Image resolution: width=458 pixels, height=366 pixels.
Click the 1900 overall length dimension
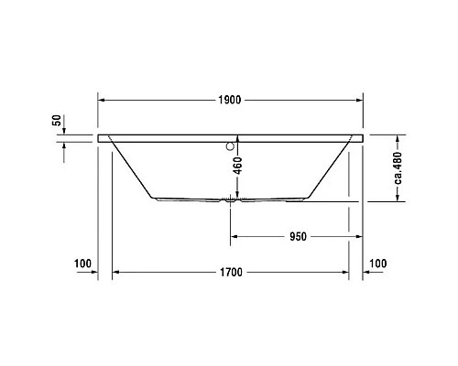[229, 101]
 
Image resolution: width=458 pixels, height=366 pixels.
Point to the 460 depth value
[238, 167]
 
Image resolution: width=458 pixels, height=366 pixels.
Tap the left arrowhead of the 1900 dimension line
[103, 100]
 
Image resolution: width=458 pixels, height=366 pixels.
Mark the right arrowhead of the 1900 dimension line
[359, 100]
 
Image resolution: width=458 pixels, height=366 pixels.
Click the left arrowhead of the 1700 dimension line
[115, 272]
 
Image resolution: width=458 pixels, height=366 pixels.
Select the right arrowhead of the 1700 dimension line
[345, 272]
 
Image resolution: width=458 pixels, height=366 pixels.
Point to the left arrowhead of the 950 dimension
[234, 236]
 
